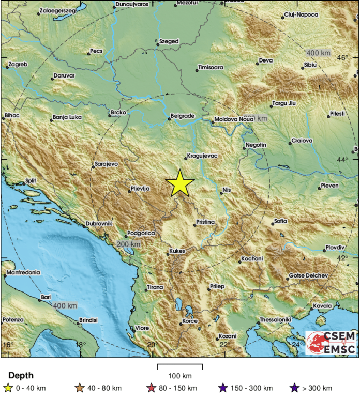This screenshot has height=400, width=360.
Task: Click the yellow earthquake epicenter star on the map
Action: (x=180, y=183)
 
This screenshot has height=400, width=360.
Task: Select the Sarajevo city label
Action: (x=107, y=164)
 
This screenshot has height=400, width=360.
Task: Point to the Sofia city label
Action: (x=281, y=221)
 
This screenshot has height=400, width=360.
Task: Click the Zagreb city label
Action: (x=18, y=65)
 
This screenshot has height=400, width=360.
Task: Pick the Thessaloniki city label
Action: (x=275, y=320)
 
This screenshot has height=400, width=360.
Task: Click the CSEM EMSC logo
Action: (x=331, y=343)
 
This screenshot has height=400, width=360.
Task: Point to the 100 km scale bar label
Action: (x=180, y=375)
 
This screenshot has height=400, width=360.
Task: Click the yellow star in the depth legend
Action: (x=7, y=388)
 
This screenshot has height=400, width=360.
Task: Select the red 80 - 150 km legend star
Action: (x=152, y=388)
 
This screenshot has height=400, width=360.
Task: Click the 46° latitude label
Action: (x=343, y=57)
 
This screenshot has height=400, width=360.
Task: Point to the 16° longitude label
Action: (x=7, y=345)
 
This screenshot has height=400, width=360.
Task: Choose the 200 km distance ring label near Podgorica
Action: (x=128, y=244)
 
